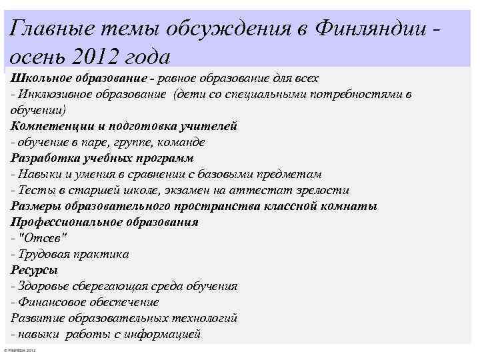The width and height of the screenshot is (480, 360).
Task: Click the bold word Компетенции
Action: [x=47, y=126]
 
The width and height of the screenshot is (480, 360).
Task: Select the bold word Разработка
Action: [x=43, y=158]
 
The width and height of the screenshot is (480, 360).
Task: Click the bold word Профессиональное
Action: [x=64, y=222]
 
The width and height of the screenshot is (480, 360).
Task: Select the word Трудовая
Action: [x=43, y=254]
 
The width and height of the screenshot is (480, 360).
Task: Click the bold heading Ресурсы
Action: [x=34, y=270]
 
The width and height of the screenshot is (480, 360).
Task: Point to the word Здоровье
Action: [x=43, y=286]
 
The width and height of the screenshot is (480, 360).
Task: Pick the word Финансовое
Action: [x=49, y=302]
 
